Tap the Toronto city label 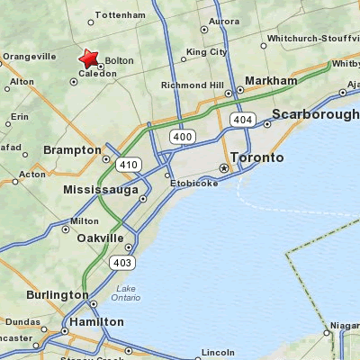[256, 157]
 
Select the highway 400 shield [182, 136]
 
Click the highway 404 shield [241, 119]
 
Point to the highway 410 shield [128, 165]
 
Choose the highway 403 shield [121, 262]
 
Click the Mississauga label [101, 190]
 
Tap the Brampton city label [71, 149]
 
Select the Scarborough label [315, 115]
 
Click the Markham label [270, 81]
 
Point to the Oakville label [100, 238]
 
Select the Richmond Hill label [192, 85]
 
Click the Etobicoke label [195, 183]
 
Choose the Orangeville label [30, 56]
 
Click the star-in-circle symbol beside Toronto [224, 168]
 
